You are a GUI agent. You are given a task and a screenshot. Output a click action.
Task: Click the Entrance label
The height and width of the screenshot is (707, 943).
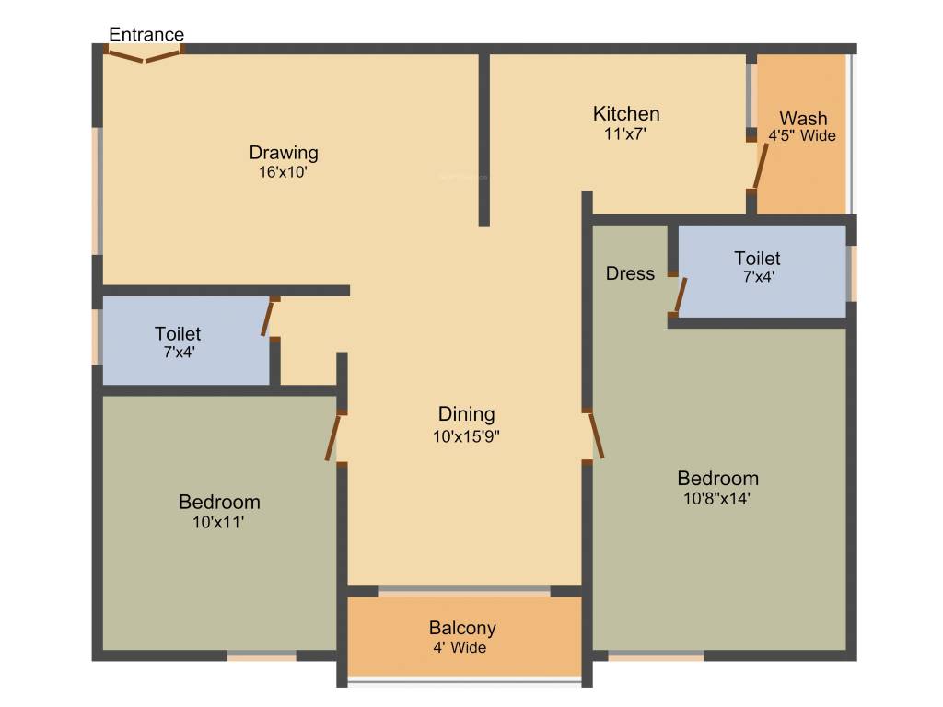point(146,35)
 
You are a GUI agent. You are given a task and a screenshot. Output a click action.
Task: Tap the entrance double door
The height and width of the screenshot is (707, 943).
point(144,56)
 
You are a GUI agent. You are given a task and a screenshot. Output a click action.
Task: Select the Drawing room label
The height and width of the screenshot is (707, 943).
point(284,153)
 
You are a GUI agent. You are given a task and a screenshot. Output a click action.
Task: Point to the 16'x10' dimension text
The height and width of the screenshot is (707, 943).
point(284,171)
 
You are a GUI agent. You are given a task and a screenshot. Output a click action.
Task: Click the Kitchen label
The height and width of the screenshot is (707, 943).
point(626,114)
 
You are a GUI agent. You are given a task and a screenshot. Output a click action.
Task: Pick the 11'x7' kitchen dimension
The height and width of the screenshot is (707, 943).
point(626,133)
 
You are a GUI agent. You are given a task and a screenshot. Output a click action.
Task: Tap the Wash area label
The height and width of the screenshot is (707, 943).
point(803,119)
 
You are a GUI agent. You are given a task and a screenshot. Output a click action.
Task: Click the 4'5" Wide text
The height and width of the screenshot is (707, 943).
point(802,136)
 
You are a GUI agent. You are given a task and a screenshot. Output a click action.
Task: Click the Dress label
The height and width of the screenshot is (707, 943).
point(631,273)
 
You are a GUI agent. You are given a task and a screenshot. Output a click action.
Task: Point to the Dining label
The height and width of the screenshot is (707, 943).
point(466,414)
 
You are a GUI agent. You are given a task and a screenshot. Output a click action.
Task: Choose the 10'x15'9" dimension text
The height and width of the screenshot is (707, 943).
point(466,437)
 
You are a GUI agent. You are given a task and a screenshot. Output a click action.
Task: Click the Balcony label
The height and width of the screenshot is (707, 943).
point(462,629)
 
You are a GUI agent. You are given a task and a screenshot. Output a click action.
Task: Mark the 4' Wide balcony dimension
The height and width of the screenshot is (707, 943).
point(462,647)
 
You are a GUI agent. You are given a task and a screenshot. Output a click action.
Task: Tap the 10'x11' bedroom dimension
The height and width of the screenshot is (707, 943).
point(219,522)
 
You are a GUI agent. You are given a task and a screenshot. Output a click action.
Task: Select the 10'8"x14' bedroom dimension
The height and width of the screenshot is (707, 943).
point(717,498)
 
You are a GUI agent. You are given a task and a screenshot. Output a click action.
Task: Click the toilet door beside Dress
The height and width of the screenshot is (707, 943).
point(680,296)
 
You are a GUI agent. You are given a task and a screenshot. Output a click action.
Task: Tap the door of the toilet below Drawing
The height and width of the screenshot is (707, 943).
point(268,319)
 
